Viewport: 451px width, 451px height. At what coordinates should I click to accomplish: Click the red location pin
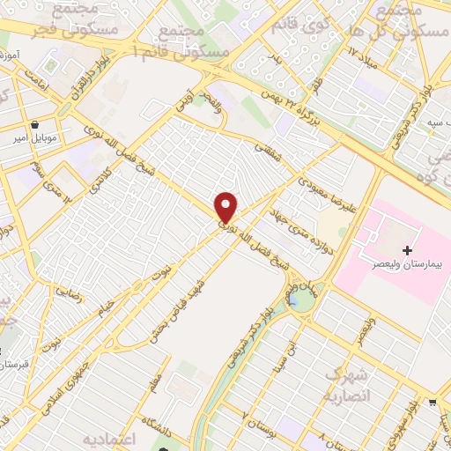click(x=226, y=207)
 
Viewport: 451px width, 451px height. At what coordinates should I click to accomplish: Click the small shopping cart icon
click(x=433, y=403)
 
